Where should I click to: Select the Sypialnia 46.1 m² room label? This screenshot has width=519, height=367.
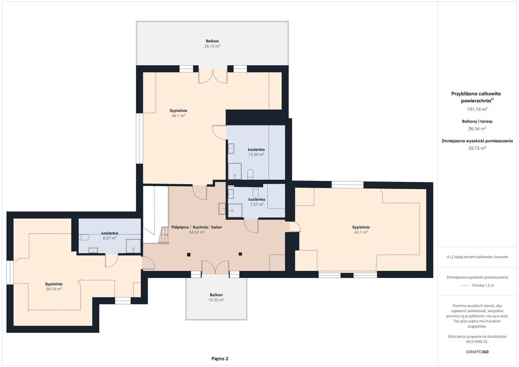click(x=178, y=113)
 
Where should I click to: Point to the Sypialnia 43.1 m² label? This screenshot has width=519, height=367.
click(x=361, y=230)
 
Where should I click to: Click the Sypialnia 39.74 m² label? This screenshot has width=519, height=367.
click(x=54, y=286)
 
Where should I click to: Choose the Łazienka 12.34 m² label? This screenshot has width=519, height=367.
click(x=256, y=152)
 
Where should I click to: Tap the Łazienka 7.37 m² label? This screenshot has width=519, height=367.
click(x=256, y=202)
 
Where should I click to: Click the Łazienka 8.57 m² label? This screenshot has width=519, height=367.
click(x=109, y=235)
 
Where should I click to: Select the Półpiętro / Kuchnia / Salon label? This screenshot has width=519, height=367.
click(x=197, y=228)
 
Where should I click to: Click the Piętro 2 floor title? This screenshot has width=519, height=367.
click(x=220, y=359)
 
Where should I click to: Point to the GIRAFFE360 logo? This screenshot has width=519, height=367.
click(x=477, y=352)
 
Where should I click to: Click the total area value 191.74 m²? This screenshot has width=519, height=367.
click(x=477, y=109)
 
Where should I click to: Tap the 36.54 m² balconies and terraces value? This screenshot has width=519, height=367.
click(x=477, y=129)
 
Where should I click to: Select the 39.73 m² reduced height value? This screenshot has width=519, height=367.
click(x=477, y=148)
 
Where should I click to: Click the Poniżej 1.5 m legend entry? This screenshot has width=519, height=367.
click(x=477, y=285)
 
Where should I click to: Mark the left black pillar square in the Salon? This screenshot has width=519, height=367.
click(x=189, y=254)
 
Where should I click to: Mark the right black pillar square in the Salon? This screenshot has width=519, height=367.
click(x=240, y=254)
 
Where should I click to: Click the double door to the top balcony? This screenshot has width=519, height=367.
click(x=213, y=76)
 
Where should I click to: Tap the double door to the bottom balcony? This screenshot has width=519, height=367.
click(x=215, y=267)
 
